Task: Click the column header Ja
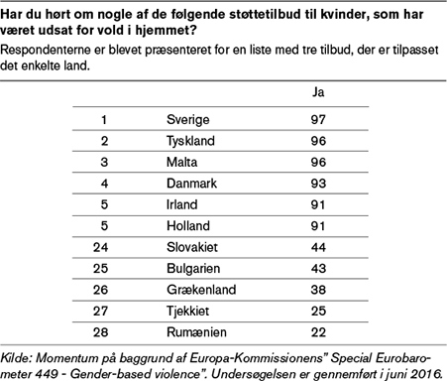[x=319, y=92]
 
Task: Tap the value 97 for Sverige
[x=319, y=119]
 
